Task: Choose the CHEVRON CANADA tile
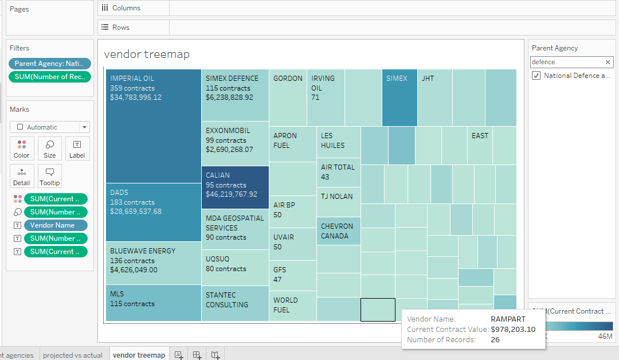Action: tap(339, 232)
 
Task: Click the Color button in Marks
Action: tap(22, 149)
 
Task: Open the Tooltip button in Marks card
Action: tap(50, 177)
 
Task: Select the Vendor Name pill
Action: tap(56, 225)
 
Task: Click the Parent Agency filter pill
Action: tap(50, 64)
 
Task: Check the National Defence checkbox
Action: tap(536, 76)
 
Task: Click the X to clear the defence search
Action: tap(608, 62)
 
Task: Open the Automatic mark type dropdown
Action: tap(50, 127)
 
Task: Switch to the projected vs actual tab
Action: tap(73, 355)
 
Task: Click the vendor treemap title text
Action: tap(147, 54)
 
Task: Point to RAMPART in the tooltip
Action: tap(508, 319)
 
